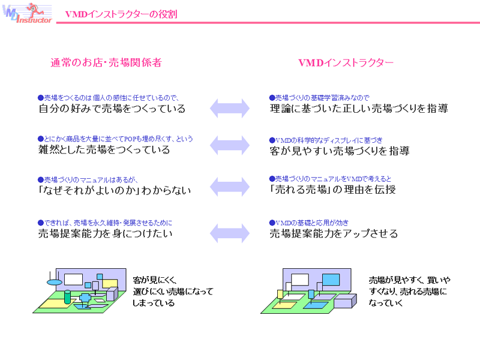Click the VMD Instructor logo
coord(27,14)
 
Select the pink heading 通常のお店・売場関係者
coord(106,62)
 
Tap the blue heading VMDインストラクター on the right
coord(346,62)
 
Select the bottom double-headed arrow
coord(229,230)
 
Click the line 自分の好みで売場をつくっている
coord(112,109)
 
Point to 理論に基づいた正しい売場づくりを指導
coord(358,109)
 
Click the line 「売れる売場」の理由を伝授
coord(332,190)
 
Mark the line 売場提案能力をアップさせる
coord(333,233)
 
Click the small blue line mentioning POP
coord(115,139)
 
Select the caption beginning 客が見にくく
coord(172,291)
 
